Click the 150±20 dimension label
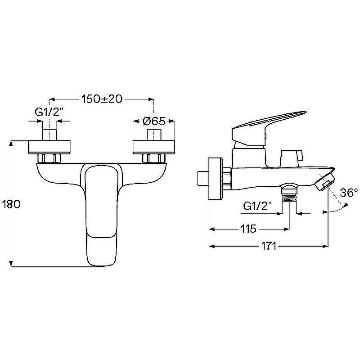[102, 99]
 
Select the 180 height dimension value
[11, 204]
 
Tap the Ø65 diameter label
[154, 121]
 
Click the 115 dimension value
[248, 229]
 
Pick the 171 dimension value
[269, 246]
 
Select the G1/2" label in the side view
[257, 207]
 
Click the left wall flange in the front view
[49, 147]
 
